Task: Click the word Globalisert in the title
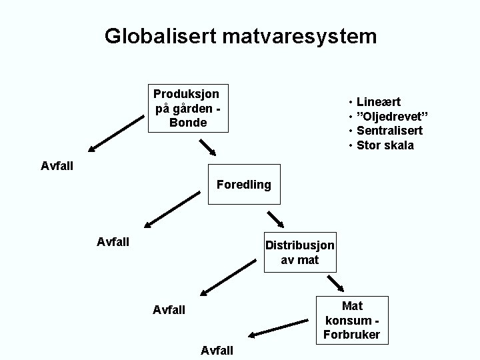click(x=158, y=36)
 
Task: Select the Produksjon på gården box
click(x=188, y=107)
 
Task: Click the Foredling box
click(x=244, y=184)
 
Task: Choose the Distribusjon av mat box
click(x=299, y=252)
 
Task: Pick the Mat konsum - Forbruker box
click(x=351, y=321)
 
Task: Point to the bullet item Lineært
click(x=378, y=102)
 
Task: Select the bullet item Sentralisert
click(x=389, y=131)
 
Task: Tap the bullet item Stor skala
click(x=385, y=145)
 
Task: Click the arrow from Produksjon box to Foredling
click(x=209, y=146)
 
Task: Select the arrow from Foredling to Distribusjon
click(x=275, y=220)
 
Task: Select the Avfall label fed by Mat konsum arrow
click(x=217, y=350)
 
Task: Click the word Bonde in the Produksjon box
click(x=188, y=123)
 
